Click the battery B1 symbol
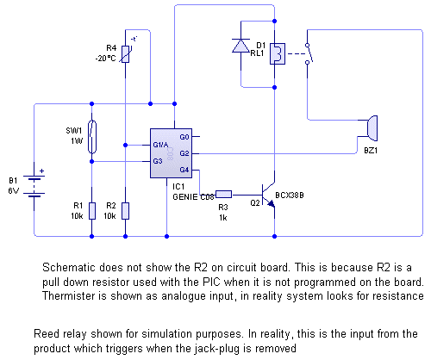[34, 186]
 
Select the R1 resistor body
[92, 211]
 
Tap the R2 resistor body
[125, 211]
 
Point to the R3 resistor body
[223, 195]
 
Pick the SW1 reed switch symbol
[92, 137]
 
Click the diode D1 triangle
[240, 46]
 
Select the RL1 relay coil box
[278, 53]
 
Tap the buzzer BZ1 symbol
[372, 128]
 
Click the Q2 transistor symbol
[269, 195]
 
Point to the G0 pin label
[184, 137]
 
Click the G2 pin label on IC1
[184, 153]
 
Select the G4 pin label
[184, 170]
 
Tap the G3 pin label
[158, 161]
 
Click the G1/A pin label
[160, 145]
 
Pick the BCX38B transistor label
[290, 196]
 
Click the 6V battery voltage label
[14, 191]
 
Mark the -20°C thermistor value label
[106, 59]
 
